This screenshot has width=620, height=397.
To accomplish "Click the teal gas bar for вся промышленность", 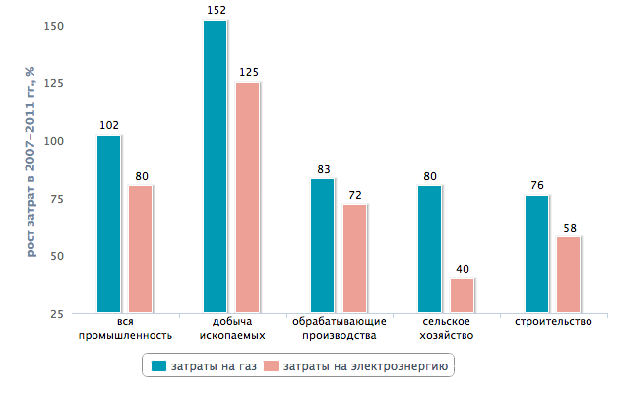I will tap(108, 225).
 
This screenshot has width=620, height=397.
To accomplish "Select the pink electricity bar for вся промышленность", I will tap(140, 249).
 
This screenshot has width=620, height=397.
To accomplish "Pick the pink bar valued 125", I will tap(247, 198).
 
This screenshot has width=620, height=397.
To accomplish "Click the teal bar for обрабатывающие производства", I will tap(322, 246).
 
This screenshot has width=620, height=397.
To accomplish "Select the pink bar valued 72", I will tap(354, 259).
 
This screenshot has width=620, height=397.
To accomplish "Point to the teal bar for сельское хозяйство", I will tap(429, 249).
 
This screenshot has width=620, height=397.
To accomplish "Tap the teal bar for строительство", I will tap(536, 254).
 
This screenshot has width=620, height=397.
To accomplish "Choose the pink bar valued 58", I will tap(569, 275).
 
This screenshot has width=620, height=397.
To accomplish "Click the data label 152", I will tap(216, 10).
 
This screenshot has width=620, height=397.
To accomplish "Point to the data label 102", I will tap(108, 125).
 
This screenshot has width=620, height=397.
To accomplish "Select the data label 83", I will tap(323, 169).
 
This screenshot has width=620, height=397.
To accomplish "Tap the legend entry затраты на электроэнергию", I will tap(359, 366).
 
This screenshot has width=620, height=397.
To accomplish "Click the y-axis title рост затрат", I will tap(31, 161).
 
